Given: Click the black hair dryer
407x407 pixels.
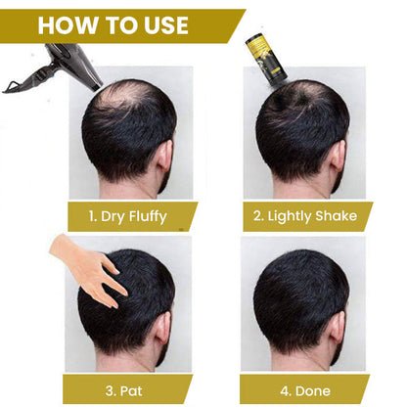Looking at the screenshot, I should [x=59, y=68].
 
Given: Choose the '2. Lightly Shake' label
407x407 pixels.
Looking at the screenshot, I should [x=306, y=215].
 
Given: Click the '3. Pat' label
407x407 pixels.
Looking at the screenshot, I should [x=130, y=387].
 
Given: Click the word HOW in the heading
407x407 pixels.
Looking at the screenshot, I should [x=71, y=24].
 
